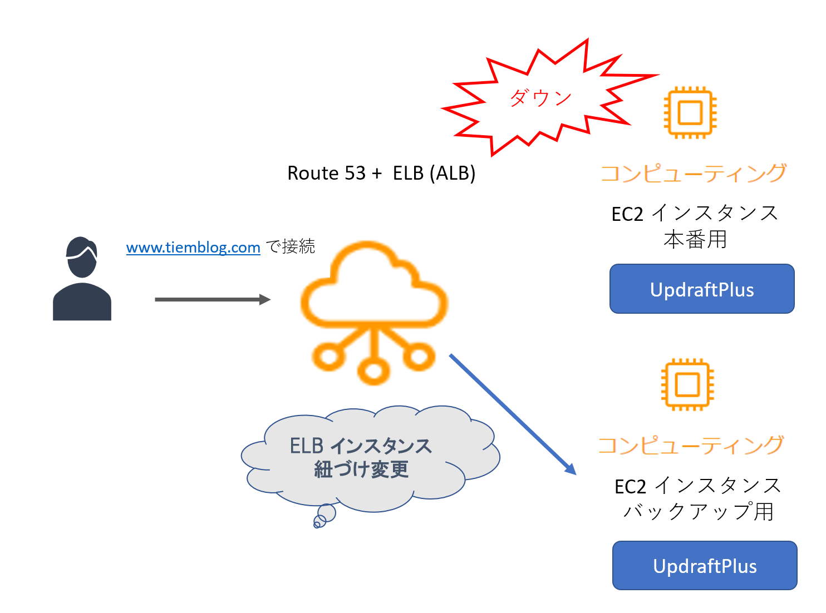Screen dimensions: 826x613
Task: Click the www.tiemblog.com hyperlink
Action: (x=193, y=247)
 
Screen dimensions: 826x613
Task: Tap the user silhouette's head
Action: (x=82, y=257)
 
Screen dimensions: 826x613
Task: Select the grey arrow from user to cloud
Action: (x=213, y=299)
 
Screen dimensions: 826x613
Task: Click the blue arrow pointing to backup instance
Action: (x=513, y=414)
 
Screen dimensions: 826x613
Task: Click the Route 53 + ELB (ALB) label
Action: (x=381, y=173)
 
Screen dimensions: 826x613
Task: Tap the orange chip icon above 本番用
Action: (x=690, y=112)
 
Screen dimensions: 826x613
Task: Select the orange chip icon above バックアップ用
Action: (x=687, y=384)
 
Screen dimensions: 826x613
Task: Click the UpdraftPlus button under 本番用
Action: (x=702, y=289)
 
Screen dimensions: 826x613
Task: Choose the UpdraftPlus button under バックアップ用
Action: (x=705, y=565)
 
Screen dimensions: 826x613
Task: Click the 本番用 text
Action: (x=695, y=239)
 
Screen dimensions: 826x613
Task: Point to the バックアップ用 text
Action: (x=699, y=511)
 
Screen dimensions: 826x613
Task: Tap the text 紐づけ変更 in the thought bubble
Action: (x=361, y=469)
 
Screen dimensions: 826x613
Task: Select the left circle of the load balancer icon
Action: (x=328, y=356)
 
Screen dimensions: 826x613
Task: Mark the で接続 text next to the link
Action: (x=290, y=246)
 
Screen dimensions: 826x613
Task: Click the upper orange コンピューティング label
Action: (x=693, y=174)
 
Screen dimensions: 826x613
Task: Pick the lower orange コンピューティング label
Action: (x=691, y=445)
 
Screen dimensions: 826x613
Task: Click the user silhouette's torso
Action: (x=82, y=301)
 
